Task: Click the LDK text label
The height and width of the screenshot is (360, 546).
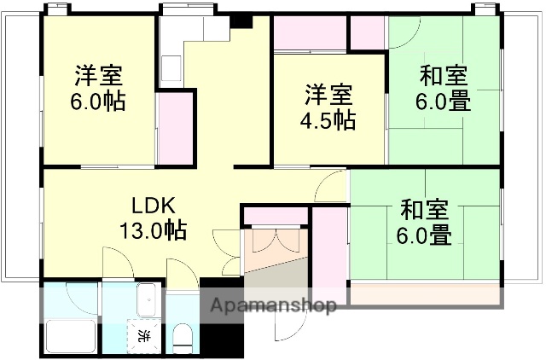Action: coord(154,206)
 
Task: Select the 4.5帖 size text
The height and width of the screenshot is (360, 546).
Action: coord(328,120)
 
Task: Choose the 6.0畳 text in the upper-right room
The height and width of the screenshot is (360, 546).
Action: coord(443,102)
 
